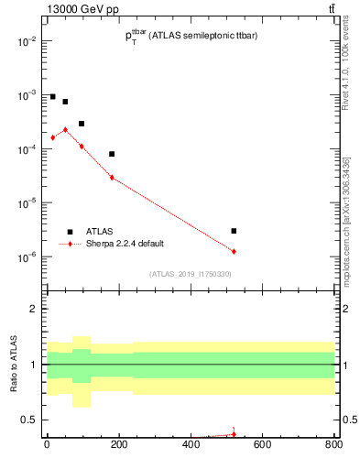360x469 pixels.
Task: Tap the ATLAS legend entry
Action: [102, 232]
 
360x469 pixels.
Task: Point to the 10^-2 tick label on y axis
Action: [26, 41]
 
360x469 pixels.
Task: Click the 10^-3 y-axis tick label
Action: [26, 95]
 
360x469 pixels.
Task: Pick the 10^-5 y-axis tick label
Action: [26, 202]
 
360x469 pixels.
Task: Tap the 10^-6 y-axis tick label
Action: [26, 256]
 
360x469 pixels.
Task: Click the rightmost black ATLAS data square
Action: [234, 231]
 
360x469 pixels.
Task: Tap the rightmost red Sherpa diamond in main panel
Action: [234, 251]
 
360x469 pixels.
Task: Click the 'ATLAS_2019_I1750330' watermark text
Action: [190, 274]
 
